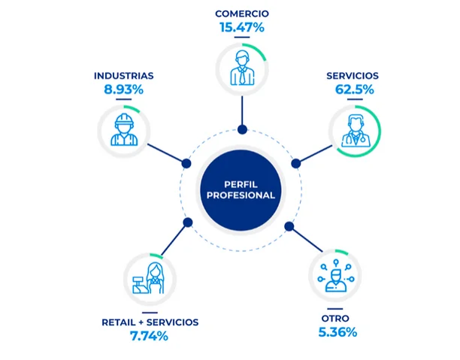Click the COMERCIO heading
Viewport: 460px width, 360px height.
pyautogui.click(x=242, y=14)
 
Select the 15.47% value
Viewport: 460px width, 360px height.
pyautogui.click(x=242, y=28)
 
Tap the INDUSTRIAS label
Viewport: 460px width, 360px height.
pyautogui.click(x=123, y=76)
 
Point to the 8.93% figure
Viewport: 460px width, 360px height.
pyautogui.click(x=123, y=89)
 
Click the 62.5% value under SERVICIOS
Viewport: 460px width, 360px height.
pyautogui.click(x=354, y=89)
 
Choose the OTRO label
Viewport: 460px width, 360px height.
pyautogui.click(x=335, y=319)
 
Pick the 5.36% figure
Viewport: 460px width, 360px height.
pyautogui.click(x=337, y=332)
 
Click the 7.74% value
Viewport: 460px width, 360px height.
pyautogui.click(x=149, y=336)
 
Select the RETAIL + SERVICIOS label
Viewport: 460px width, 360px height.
pyautogui.click(x=150, y=322)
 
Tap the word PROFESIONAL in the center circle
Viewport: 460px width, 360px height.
pyautogui.click(x=241, y=195)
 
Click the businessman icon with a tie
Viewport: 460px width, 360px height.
pyautogui.click(x=242, y=68)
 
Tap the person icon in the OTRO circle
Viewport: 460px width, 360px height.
pyautogui.click(x=336, y=281)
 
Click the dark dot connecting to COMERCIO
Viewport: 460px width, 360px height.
pyautogui.click(x=242, y=129)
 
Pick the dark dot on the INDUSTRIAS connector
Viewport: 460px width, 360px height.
pyautogui.click(x=186, y=163)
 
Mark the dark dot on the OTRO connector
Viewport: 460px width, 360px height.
pyautogui.click(x=289, y=226)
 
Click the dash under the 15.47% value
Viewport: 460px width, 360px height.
pyautogui.click(x=242, y=38)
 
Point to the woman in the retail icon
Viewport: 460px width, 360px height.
pyautogui.click(x=156, y=278)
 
